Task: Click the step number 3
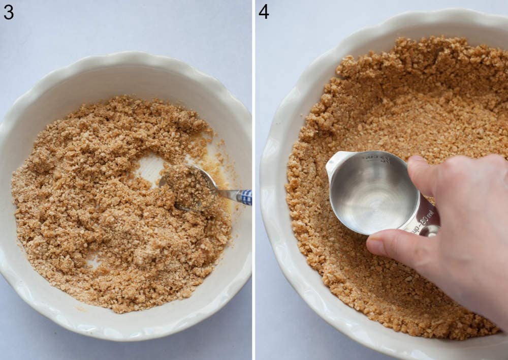[x=9, y=11]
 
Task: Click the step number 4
[x=264, y=11]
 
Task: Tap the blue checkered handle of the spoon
[x=246, y=197]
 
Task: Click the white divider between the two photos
[x=254, y=180]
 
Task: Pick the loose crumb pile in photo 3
[x=102, y=203]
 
